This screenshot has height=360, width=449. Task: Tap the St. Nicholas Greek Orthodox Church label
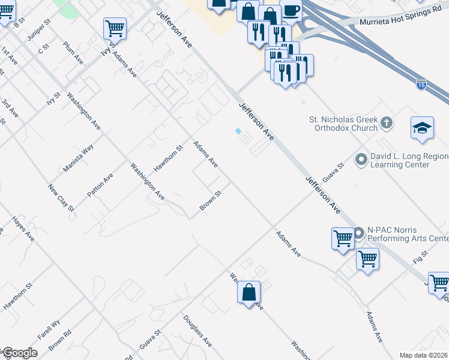tap(343, 123)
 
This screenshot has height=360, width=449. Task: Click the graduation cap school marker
tap(422, 128)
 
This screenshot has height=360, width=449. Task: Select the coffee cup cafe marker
tap(291, 11)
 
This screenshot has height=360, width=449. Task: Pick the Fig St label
tap(419, 260)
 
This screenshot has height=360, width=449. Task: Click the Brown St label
tap(211, 201)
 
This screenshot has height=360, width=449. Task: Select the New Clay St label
tap(61, 197)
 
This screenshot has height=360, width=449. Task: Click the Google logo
tap(20, 353)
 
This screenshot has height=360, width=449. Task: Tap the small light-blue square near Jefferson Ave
tap(238, 131)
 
